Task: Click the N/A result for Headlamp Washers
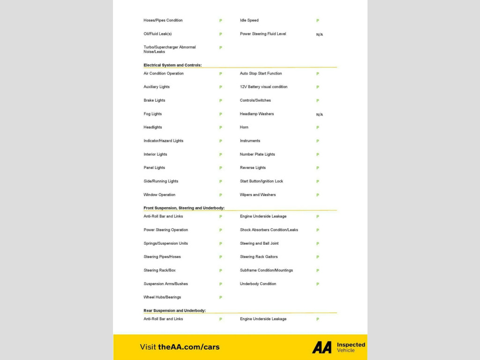319,114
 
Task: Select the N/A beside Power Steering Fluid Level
319,35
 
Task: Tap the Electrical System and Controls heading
172,65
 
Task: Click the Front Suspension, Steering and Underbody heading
184,208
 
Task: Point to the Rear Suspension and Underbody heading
174,311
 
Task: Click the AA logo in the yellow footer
322,347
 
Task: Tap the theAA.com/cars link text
188,347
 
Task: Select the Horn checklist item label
244,127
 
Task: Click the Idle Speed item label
249,21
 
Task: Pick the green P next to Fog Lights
221,114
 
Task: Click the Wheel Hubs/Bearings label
162,297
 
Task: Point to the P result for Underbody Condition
317,284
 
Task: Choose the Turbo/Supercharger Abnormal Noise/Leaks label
170,49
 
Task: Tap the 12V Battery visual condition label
263,87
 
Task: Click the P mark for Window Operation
221,195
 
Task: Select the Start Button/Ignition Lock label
262,181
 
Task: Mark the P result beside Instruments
317,141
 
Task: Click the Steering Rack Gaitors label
259,257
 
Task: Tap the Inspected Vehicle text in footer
351,347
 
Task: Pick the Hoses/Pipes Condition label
163,21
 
